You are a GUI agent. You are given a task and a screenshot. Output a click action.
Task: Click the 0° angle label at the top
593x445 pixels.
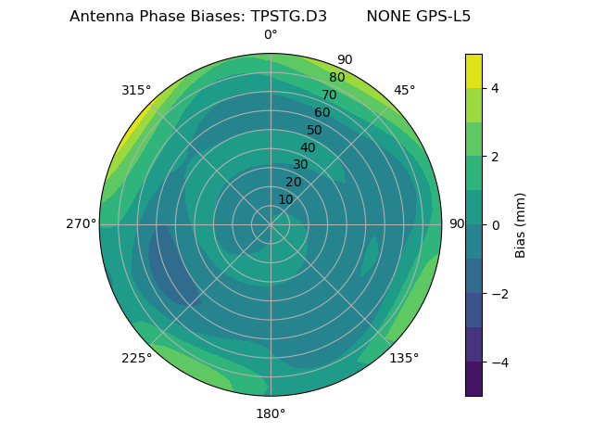pos(271,35)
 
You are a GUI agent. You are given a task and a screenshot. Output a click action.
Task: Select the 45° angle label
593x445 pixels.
pos(404,90)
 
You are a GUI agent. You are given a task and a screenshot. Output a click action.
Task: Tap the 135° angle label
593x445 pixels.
pos(404,358)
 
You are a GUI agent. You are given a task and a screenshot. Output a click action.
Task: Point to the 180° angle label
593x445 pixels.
pos(271,413)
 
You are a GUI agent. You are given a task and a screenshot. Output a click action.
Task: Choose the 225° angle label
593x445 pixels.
pos(136,358)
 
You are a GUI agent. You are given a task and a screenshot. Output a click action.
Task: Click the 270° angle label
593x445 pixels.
pos(82,224)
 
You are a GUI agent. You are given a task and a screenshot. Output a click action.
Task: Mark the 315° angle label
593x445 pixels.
pos(136,90)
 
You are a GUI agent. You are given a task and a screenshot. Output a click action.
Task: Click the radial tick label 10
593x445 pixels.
pos(285,199)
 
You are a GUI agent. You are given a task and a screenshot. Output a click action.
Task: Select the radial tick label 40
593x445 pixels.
pos(308,147)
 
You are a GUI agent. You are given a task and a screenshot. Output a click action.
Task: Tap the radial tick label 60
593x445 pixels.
pos(322,113)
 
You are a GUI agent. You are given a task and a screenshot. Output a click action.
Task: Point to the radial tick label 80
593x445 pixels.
pos(337,78)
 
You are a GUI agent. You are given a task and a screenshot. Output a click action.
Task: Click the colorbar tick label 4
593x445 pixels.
pos(495,88)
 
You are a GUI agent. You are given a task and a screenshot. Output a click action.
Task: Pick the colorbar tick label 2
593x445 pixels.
pos(495,157)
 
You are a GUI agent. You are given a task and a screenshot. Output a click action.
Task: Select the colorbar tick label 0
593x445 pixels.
pos(495,225)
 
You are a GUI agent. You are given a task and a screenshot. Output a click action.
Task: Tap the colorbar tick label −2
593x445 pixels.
pos(498,294)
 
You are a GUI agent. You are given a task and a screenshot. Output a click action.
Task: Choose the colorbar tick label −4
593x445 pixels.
pos(498,362)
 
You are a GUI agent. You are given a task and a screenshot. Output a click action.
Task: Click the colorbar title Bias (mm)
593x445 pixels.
pos(521,225)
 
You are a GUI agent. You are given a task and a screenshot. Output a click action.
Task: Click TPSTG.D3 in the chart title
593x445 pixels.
pos(288,17)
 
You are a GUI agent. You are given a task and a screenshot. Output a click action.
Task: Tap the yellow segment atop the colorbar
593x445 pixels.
pos(473,70)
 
